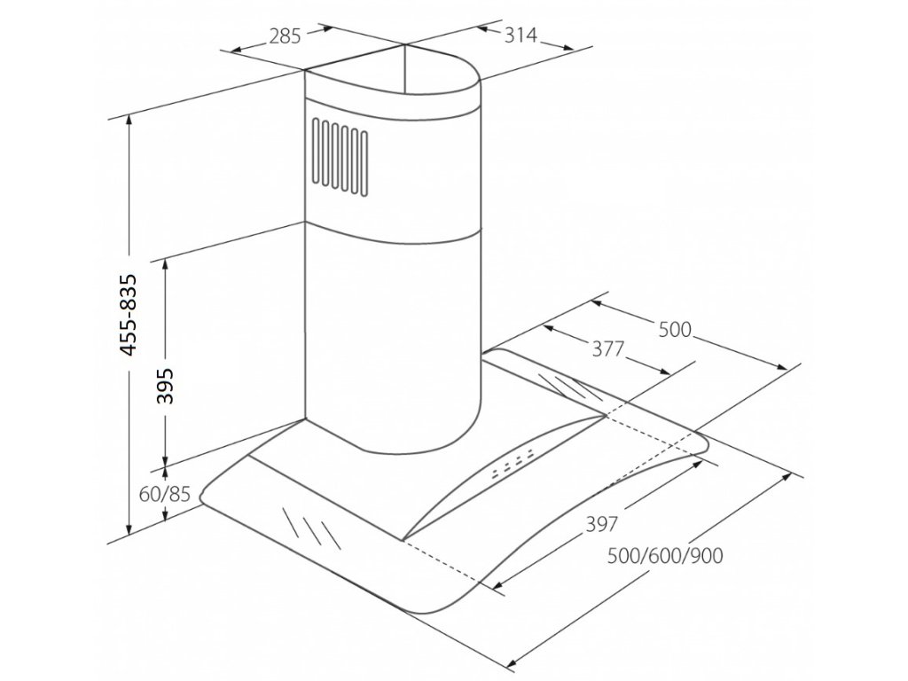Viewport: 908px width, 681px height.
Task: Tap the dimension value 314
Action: [521, 35]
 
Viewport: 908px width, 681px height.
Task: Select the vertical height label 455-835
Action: [129, 315]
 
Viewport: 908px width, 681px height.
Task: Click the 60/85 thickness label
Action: [165, 495]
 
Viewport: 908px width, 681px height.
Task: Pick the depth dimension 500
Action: [675, 330]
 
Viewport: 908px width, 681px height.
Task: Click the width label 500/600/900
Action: [665, 556]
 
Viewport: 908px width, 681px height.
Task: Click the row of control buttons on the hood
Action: [512, 466]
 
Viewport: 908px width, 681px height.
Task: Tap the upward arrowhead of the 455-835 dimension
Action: [130, 121]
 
